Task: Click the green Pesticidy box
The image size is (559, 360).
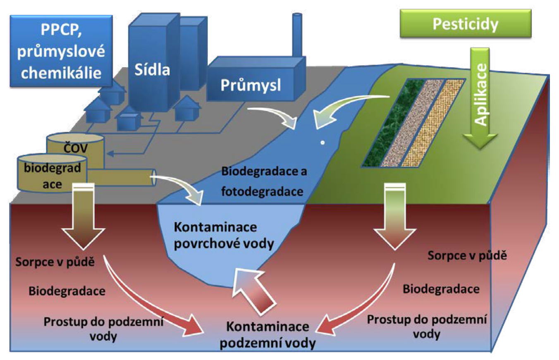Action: click(x=465, y=25)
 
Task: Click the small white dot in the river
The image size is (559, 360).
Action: click(x=322, y=143)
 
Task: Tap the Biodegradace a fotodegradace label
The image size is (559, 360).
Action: click(x=263, y=181)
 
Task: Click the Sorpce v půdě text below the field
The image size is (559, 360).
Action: click(x=467, y=255)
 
